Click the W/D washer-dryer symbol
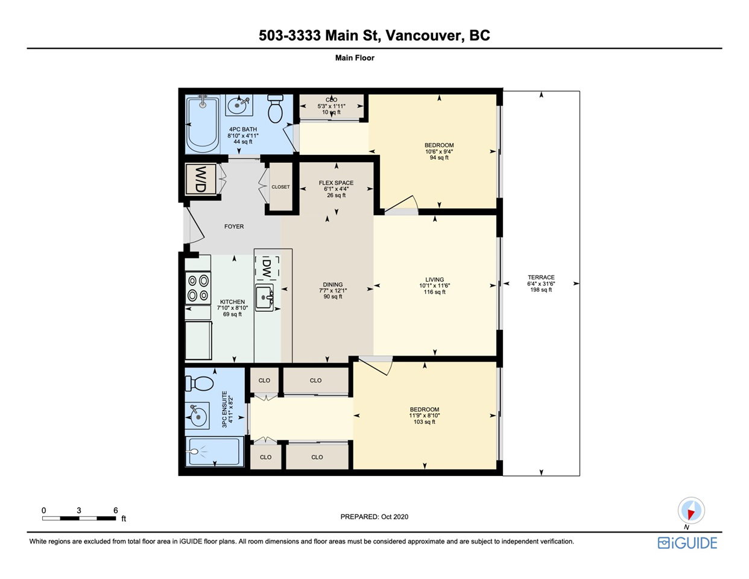pos(201,179)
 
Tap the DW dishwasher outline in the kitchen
pos(267,267)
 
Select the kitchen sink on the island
pos(264,297)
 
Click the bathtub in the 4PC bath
pos(203,124)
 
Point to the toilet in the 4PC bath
pos(275,109)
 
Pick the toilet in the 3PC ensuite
pos(199,383)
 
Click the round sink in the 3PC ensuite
pos(197,416)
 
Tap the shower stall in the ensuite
pos(214,452)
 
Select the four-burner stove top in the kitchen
pos(198,288)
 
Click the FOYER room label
pos(234,226)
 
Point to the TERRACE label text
pos(541,277)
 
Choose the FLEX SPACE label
pos(336,183)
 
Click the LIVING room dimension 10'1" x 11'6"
pos(435,286)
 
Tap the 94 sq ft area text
pos(439,158)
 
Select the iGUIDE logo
pos(687,543)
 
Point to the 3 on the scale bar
pos(79,510)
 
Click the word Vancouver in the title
pos(423,36)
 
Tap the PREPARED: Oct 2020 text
pos(374,517)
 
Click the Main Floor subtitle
pos(355,58)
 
